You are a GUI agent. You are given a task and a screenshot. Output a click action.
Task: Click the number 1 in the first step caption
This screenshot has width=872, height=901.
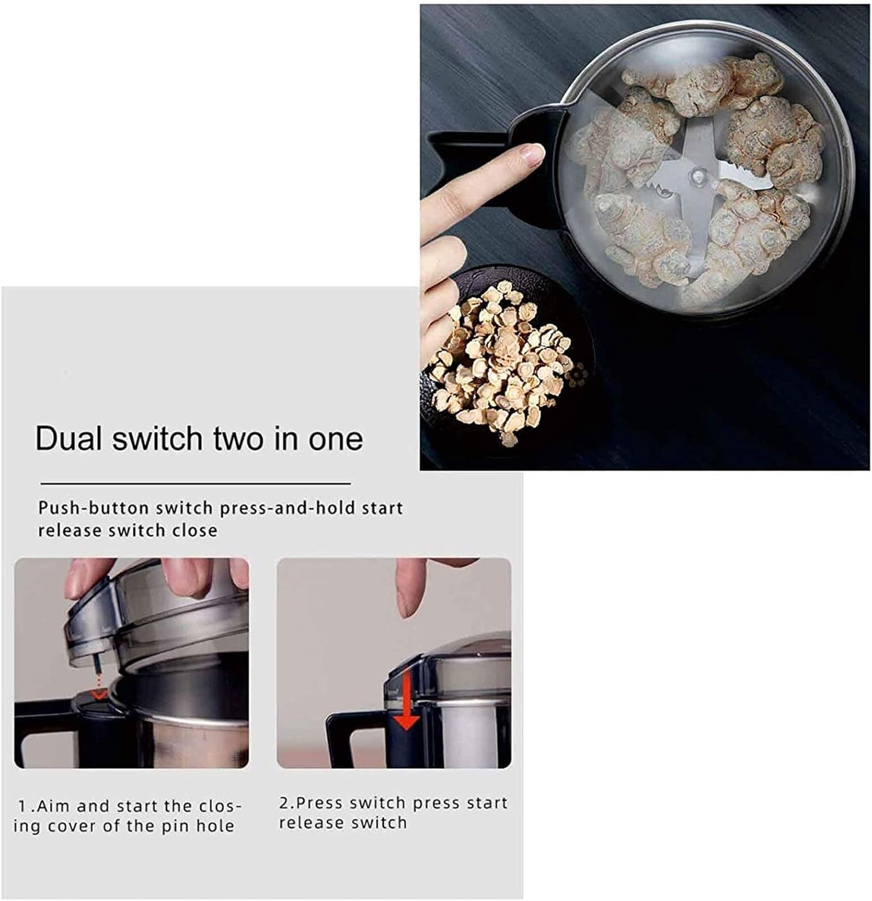tap(23, 806)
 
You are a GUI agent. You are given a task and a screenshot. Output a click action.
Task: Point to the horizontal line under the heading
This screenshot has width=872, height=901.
tap(196, 483)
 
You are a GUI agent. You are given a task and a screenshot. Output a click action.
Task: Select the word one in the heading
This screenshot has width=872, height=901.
tap(336, 439)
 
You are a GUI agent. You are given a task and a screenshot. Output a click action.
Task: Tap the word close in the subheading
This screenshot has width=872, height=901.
tap(194, 530)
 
